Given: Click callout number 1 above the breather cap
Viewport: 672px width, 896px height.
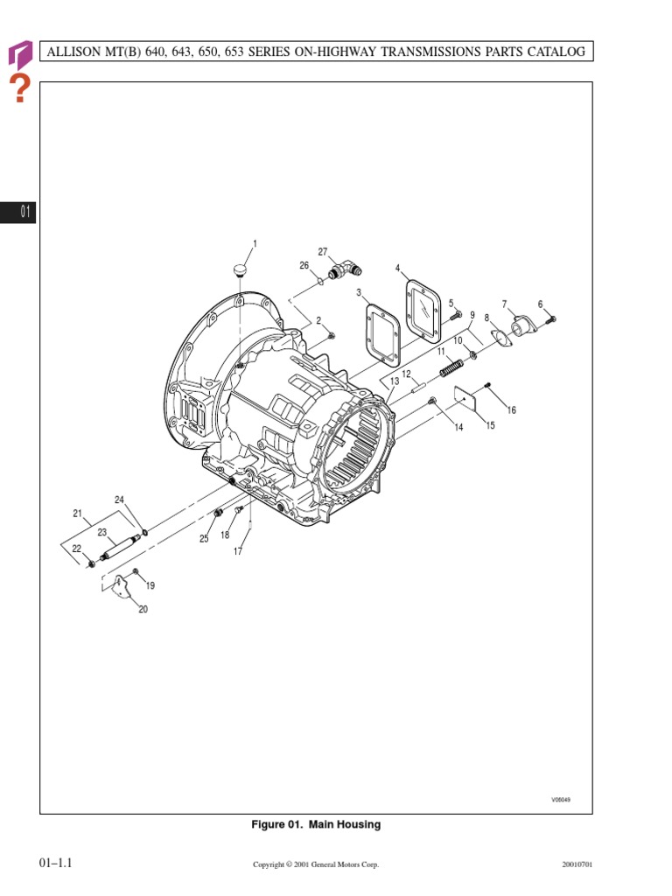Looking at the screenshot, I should pos(255,243).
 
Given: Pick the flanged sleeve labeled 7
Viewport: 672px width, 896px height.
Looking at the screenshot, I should pos(522,329).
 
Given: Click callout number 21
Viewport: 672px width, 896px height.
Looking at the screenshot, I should pos(77,514).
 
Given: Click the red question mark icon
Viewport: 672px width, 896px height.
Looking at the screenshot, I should pos(19,88).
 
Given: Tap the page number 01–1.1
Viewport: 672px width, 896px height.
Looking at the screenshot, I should pos(54,863).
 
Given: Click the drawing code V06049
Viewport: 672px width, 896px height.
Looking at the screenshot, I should pos(560,800).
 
